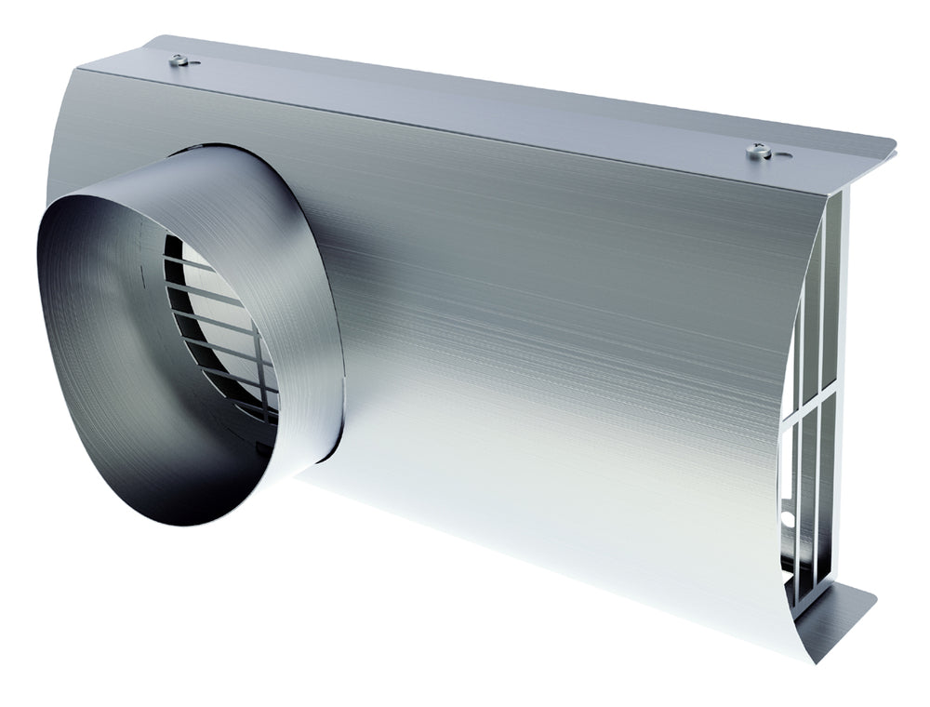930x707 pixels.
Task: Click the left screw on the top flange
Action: click(x=179, y=60)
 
